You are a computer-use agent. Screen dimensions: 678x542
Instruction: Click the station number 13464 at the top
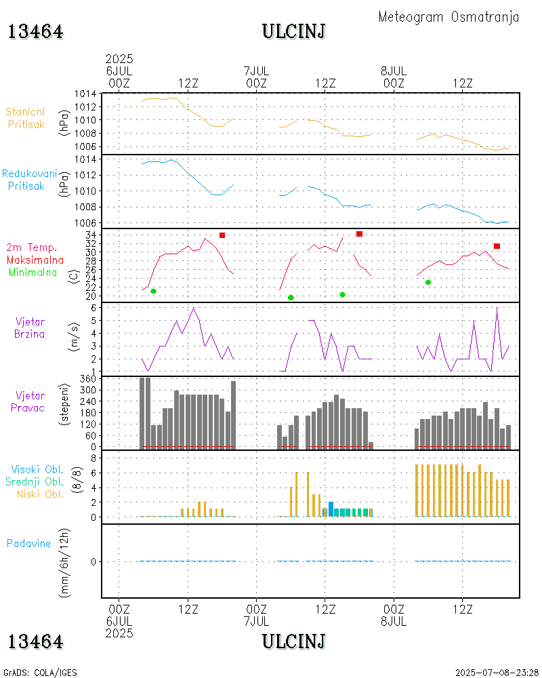pos(36,31)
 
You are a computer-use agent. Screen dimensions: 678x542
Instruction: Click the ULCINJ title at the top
pos(294,31)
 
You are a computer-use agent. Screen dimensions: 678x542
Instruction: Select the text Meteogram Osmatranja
pos(449,17)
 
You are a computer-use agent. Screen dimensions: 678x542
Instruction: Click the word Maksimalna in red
pos(35,260)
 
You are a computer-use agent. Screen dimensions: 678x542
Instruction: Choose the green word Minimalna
pos(36,272)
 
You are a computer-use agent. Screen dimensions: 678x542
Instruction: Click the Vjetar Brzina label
pos(30,327)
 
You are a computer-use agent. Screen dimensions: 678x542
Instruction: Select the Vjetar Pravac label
pos(30,401)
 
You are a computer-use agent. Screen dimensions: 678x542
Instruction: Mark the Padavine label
pos(28,543)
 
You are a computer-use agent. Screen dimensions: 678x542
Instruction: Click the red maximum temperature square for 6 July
pos(222,235)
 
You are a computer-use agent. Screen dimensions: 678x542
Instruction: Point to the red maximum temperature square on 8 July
pos(497,246)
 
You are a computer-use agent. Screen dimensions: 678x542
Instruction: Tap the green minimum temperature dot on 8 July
pos(428,282)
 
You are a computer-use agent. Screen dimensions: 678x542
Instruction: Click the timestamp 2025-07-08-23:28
pos(497,673)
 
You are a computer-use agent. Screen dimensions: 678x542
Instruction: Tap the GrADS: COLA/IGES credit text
pos(40,673)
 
